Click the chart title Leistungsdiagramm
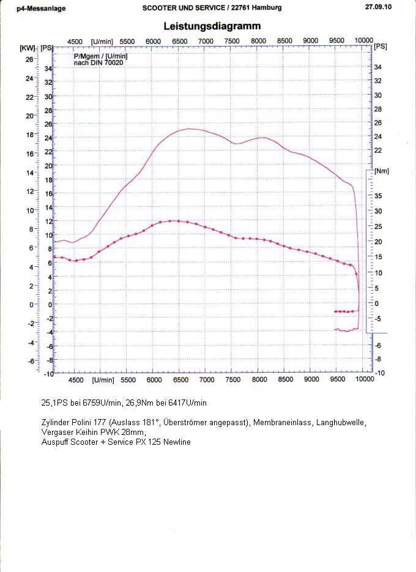point(212,26)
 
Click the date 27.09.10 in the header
point(378,7)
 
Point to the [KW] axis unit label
point(27,48)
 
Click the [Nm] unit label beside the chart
point(381,171)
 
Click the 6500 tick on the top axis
point(179,41)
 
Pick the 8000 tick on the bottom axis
point(259,380)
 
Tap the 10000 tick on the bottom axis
point(364,380)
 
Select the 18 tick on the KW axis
point(29,135)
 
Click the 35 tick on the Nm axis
point(378,196)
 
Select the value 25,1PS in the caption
point(53,403)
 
